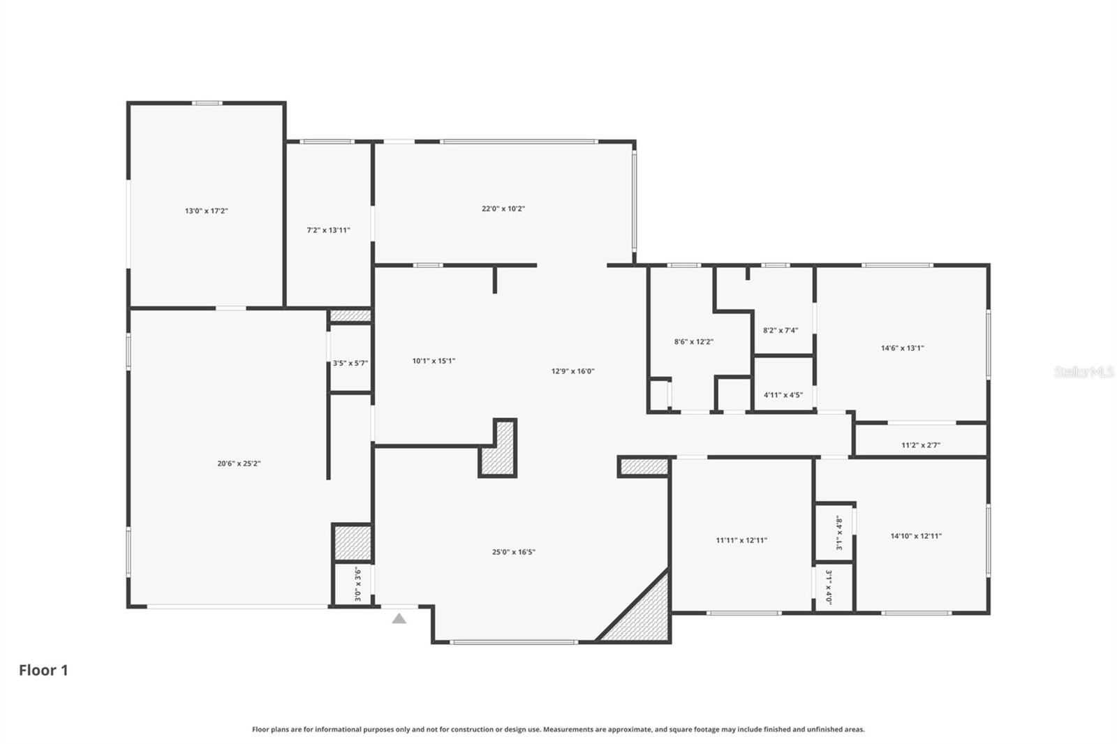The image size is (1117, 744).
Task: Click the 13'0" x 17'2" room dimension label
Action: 206,211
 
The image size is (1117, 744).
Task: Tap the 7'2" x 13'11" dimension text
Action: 328,230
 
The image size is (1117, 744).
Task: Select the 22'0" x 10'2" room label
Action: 503,209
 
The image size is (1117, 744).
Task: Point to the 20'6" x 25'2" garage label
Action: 239,463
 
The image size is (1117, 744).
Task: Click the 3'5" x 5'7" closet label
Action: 350,363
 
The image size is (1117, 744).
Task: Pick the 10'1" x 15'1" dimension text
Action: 434,361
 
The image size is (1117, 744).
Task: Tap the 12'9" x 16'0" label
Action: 572,371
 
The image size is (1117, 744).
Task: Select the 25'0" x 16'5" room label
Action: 513,552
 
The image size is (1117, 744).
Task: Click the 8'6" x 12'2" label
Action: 693,342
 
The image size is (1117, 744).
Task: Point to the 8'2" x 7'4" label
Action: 780,331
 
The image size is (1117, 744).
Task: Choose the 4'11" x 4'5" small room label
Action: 783,395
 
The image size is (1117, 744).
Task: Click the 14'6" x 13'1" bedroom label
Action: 902,348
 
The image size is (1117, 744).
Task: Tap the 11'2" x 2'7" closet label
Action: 920,445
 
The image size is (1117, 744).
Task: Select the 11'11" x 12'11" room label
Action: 741,540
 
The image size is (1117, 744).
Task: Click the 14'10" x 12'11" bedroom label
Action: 915,536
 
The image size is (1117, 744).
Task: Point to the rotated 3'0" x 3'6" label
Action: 357,584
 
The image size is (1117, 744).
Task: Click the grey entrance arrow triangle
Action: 399,618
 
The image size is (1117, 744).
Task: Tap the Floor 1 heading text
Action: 43,670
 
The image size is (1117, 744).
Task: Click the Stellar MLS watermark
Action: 1083,372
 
